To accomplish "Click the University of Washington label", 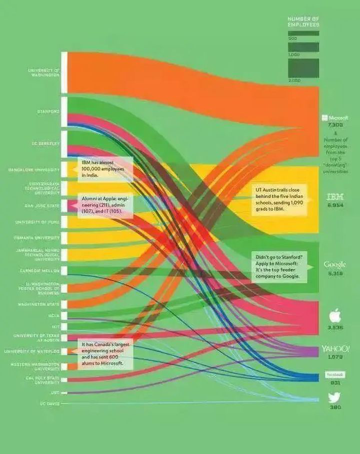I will [x=43, y=72].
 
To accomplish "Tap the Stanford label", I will [x=48, y=111].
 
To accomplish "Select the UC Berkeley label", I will [x=46, y=143].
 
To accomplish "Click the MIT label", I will [x=55, y=327].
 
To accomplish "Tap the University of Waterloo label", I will [x=32, y=352].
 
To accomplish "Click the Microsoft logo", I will [x=335, y=118].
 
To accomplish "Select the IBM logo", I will [x=335, y=197].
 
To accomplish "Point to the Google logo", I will [x=334, y=264].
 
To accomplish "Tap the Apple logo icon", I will [x=335, y=316].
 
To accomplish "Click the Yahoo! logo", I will [x=335, y=348].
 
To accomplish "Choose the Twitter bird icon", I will [x=334, y=398].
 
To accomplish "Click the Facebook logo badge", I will [x=335, y=375].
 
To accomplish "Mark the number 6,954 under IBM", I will [x=335, y=205].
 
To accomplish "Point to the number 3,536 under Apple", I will [x=335, y=328].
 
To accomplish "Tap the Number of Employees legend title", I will [x=303, y=21].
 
